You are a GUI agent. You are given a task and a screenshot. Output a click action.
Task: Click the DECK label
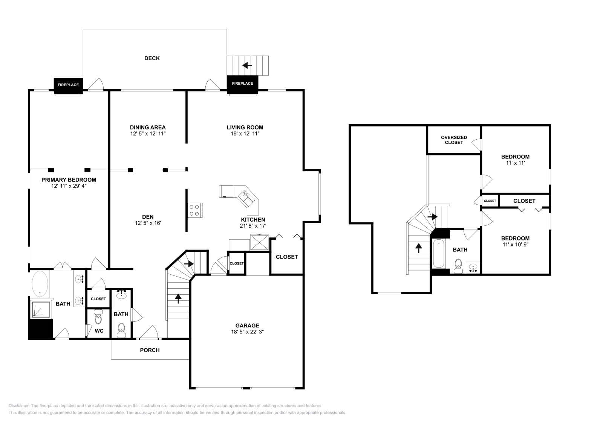coord(152,58)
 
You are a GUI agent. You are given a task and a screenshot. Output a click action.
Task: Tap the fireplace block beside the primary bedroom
coord(68,85)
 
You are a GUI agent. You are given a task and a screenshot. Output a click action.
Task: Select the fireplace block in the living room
coord(242,84)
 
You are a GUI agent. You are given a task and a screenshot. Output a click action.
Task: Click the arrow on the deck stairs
coord(247,65)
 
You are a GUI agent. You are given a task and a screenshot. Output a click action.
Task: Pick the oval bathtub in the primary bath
coord(40,284)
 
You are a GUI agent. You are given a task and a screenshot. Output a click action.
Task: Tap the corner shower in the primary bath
coord(41,309)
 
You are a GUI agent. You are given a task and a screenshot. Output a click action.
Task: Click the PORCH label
coord(150,350)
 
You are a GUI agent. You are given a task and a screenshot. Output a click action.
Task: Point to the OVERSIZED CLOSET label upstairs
coord(454,140)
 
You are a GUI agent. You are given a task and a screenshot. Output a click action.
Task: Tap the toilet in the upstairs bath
coord(458,265)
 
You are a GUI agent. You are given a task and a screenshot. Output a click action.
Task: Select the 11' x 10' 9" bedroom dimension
coord(515,245)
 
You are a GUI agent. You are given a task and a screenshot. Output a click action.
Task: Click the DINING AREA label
coord(148,128)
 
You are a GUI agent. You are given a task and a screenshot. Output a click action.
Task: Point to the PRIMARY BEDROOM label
coord(69,180)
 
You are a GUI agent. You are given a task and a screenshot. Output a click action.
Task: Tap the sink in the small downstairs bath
coord(121,295)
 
